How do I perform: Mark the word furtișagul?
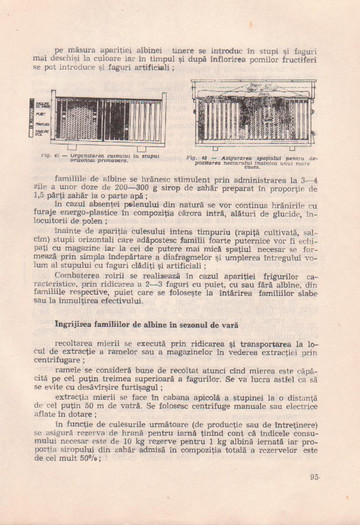pos(150,360)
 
